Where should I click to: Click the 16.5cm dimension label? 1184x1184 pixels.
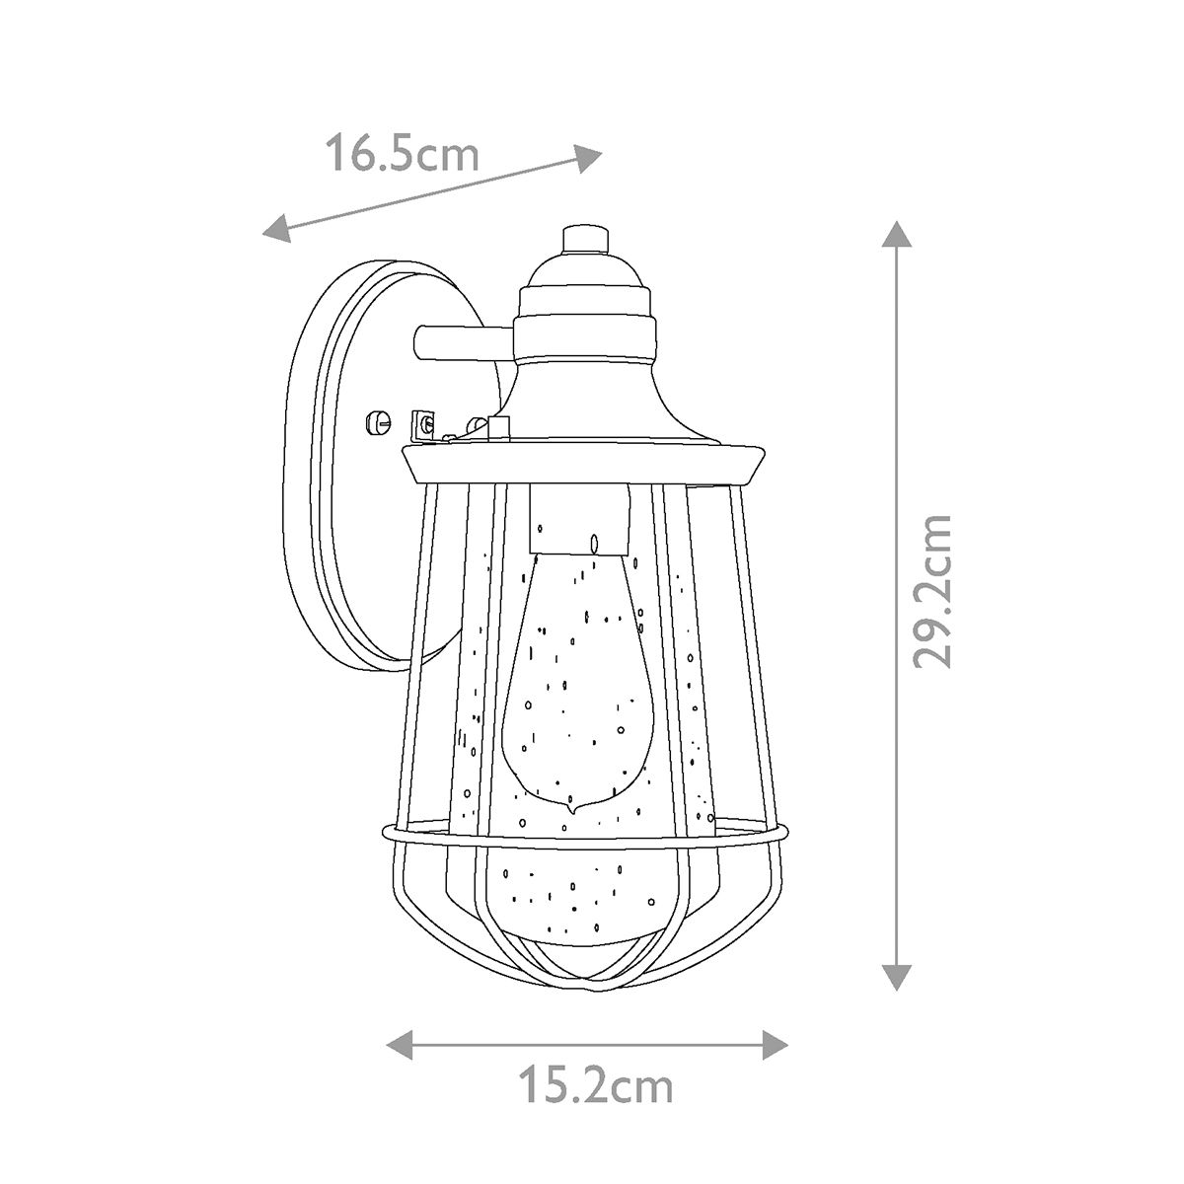tap(402, 155)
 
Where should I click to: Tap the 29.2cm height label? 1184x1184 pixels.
tap(931, 591)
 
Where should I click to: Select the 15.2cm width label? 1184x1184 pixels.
tap(595, 1087)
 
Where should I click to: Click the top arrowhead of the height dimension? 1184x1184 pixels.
tap(894, 236)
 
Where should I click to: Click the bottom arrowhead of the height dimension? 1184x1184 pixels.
tap(894, 975)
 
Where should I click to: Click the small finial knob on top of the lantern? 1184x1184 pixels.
tap(582, 239)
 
